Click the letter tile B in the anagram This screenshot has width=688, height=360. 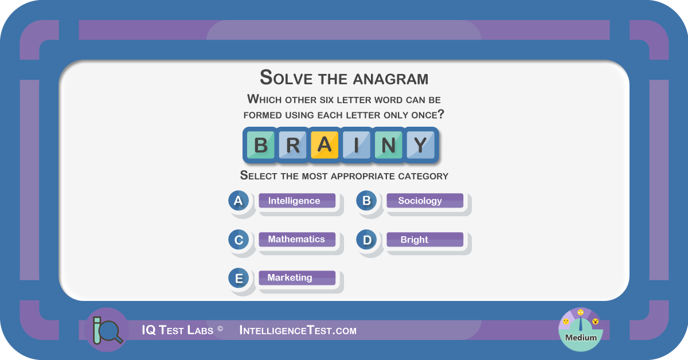coord(260,145)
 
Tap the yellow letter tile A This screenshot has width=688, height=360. coord(325,145)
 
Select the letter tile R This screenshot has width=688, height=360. coord(292,145)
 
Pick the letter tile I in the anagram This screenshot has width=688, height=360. coord(356,145)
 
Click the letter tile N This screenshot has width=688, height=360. coord(388,145)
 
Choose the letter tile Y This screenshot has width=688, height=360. coord(420,145)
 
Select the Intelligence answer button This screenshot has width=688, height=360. coord(297,201)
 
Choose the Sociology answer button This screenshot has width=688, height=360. coord(425,201)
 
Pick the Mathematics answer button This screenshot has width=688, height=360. coord(297,239)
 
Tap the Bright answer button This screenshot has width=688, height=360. coord(425,239)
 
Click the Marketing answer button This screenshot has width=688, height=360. coord(297,277)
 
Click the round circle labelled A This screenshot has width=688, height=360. coord(239,201)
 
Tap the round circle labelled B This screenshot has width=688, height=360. coord(366,201)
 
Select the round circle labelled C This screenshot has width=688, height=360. coord(239,240)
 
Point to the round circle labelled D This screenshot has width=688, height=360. coord(366,240)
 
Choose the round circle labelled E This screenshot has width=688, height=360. coord(239,278)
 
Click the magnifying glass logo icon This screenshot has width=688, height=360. coord(107,330)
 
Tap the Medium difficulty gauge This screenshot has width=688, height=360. coord(580,330)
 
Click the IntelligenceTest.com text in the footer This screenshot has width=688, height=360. coord(298,331)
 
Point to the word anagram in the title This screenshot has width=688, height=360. coord(390,79)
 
